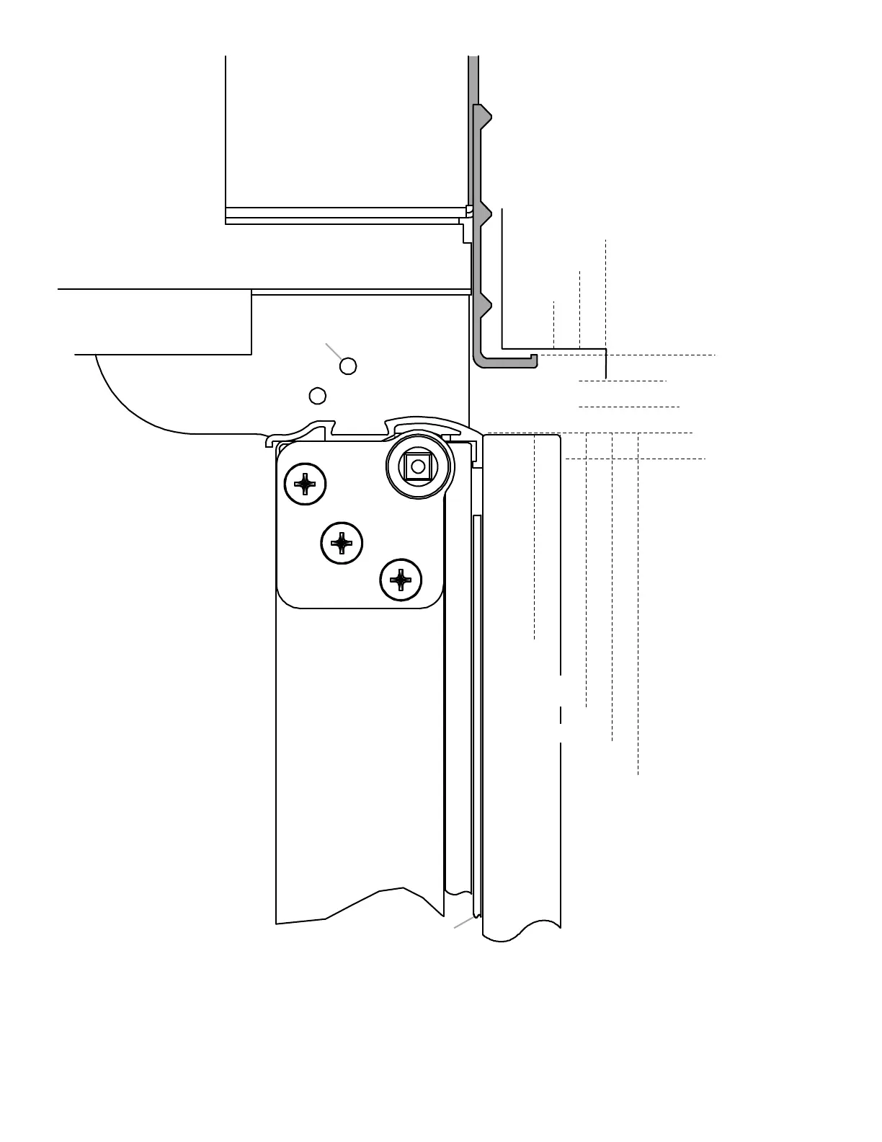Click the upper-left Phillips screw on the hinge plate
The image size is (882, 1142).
[306, 484]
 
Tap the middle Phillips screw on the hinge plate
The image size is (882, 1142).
[342, 543]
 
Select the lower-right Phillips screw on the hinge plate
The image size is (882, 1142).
[401, 580]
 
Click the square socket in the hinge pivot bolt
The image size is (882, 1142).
[418, 466]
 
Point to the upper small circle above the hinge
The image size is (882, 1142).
[348, 366]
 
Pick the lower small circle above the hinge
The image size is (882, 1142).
[317, 396]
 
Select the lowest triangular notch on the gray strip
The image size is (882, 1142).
[486, 306]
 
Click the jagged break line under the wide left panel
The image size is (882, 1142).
[360, 905]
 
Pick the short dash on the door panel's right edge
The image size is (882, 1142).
[561, 715]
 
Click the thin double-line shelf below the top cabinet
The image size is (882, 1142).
[346, 216]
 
